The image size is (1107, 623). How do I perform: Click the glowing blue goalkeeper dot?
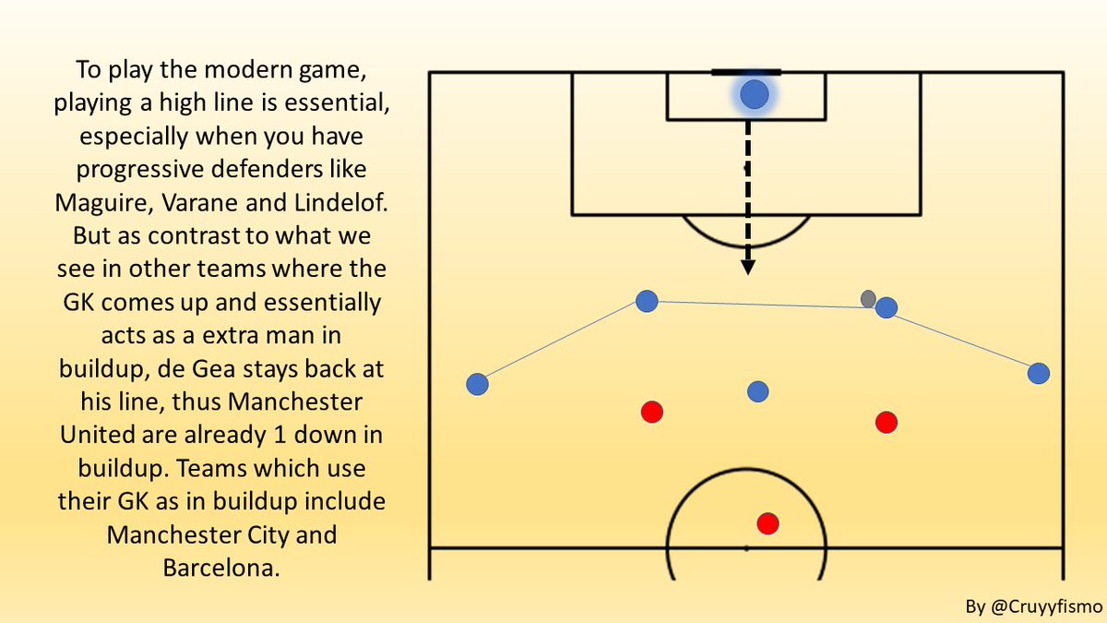pos(754,94)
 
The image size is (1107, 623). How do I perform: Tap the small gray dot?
pos(868,299)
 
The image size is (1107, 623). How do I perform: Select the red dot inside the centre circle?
pos(768,524)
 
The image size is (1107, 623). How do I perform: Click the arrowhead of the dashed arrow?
pos(748,267)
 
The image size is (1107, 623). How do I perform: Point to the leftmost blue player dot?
pos(477,384)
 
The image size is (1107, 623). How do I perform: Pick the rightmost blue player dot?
pos(1039,373)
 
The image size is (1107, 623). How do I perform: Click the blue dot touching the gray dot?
pos(887,307)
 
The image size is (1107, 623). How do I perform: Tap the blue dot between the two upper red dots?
pos(757,392)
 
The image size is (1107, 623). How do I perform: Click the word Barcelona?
pos(220,567)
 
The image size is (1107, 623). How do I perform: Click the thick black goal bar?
pos(746,72)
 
